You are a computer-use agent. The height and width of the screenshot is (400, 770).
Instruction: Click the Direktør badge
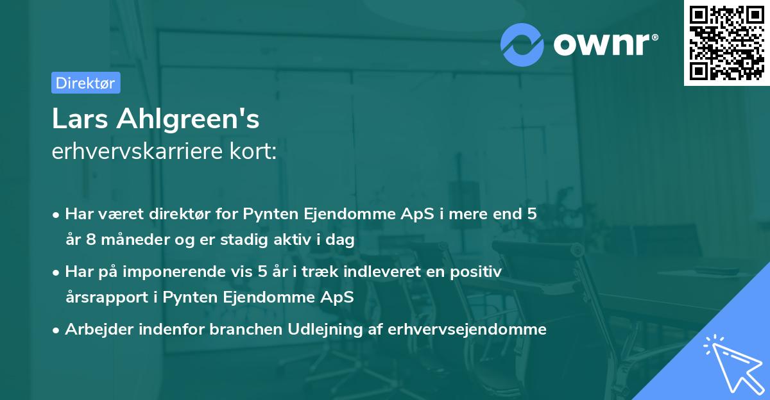(85, 83)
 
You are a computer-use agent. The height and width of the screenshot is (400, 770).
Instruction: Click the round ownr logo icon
(522, 44)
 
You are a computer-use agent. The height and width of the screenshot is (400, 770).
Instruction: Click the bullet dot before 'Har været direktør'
(57, 215)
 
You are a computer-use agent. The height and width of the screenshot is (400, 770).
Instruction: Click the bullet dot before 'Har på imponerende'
(57, 272)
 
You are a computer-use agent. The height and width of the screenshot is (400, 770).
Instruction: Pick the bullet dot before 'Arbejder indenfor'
(57, 330)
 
